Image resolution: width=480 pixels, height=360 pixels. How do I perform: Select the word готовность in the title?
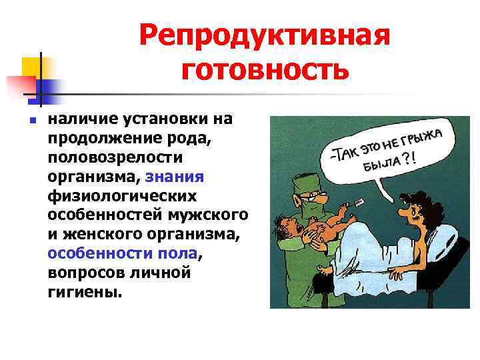tap(264, 69)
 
